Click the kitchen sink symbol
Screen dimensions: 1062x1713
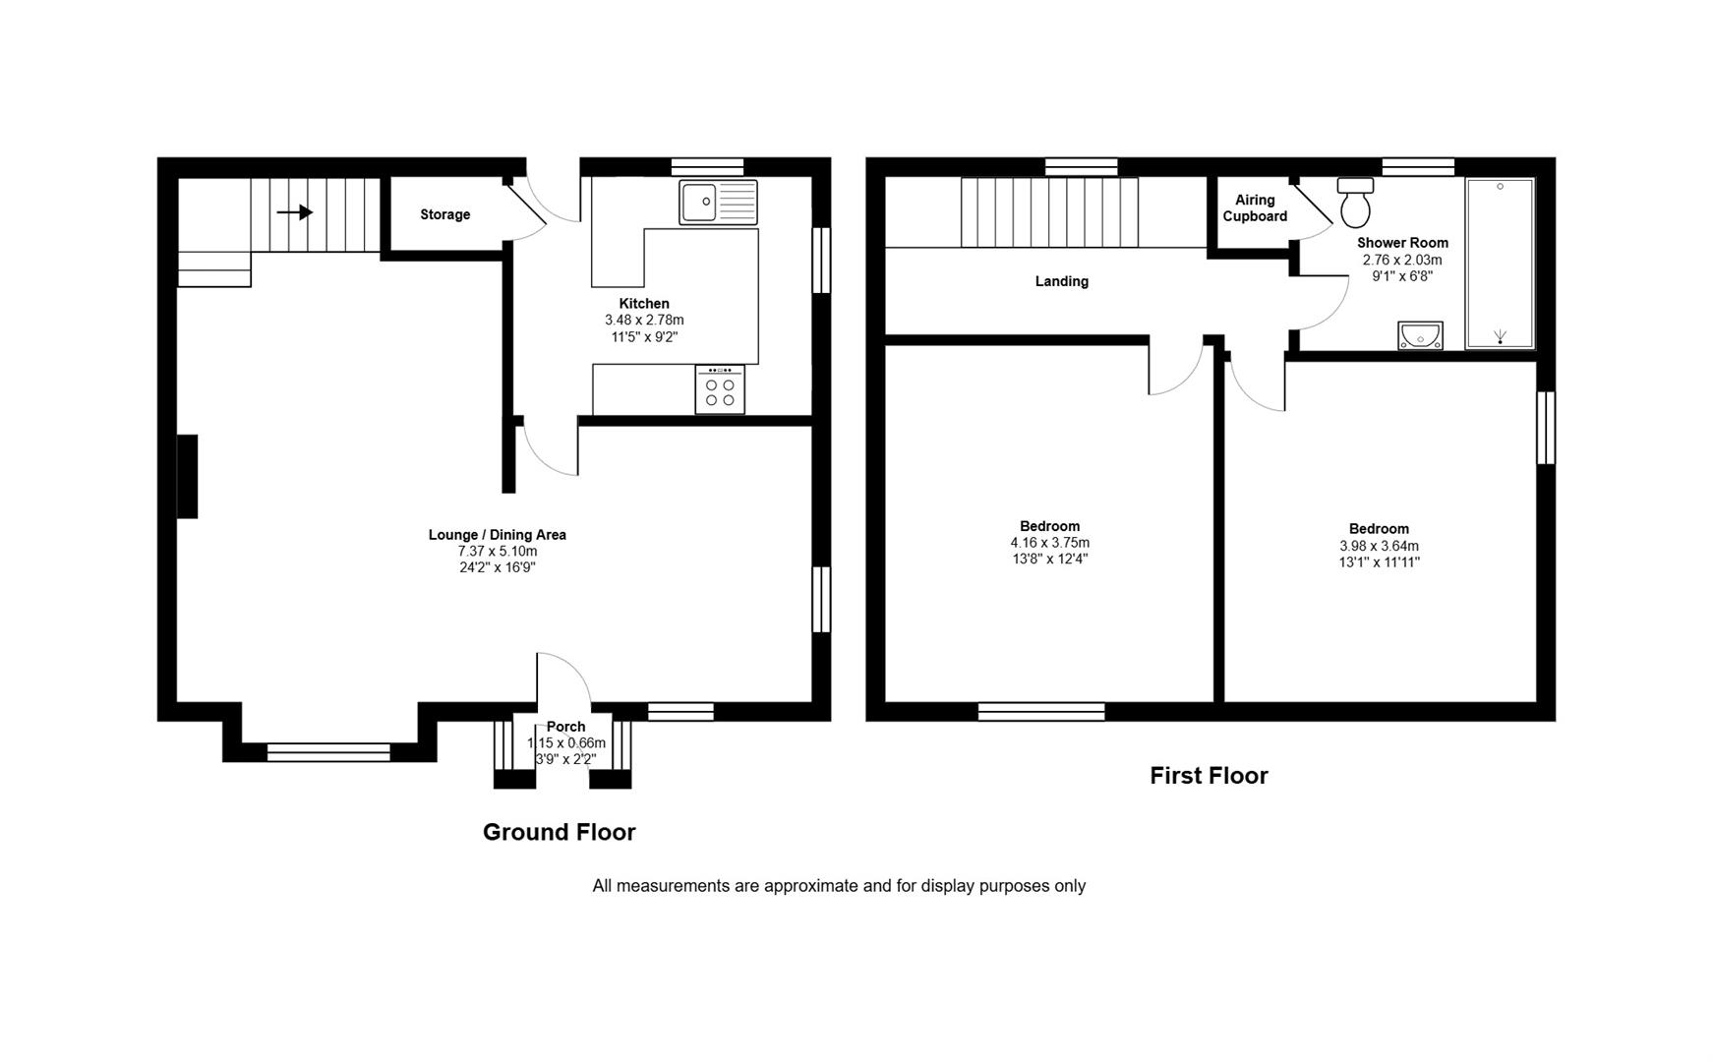718,203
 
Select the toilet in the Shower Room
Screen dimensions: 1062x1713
1355,203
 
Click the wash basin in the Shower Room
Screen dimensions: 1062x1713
1420,336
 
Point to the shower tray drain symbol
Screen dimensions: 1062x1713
1500,337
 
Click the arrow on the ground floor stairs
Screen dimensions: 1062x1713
295,212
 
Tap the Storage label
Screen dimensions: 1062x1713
444,214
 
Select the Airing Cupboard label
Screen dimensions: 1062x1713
1255,208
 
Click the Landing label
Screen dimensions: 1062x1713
1061,281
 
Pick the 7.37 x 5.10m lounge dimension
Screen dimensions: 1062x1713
497,552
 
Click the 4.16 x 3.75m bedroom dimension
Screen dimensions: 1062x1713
1049,543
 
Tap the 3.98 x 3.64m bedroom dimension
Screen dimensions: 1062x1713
1379,546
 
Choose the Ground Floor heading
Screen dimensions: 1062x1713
559,832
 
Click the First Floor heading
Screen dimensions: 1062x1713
1209,776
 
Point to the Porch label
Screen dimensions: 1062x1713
565,727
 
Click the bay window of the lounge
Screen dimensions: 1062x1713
328,752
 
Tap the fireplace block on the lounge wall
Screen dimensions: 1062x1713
187,476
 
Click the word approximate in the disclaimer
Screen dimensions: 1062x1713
810,886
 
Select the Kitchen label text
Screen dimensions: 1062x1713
644,304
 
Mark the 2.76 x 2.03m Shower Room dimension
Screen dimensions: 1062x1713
1401,261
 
